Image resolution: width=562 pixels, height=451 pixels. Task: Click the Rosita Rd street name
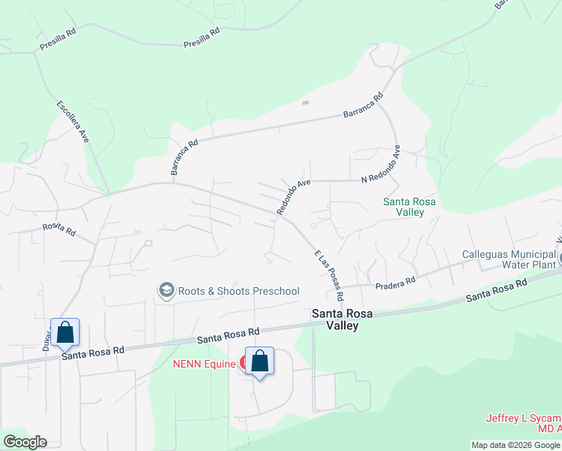59,229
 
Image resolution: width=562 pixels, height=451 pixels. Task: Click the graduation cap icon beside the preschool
166,290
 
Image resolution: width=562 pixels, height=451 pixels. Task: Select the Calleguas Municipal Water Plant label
509,259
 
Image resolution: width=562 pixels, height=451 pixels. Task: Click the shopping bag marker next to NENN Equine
259,362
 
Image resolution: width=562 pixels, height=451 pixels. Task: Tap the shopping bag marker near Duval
65,331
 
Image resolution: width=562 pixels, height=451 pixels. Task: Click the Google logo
25,442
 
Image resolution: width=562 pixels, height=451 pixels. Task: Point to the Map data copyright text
516,445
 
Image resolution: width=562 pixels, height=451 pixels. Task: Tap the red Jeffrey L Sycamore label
523,423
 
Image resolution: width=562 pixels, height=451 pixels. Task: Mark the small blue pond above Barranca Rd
304,103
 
